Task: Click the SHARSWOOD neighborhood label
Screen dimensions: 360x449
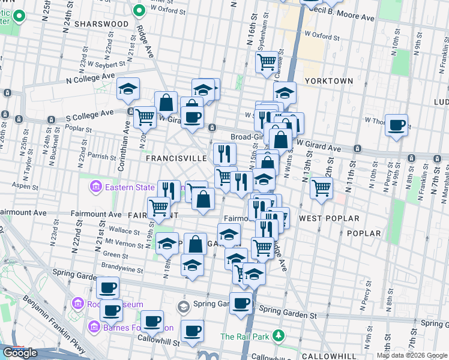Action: coord(102,23)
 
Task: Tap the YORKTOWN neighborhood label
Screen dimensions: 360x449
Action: coord(329,80)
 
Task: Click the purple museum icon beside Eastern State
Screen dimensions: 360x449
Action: coord(95,188)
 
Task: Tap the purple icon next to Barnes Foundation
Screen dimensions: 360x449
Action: coord(94,328)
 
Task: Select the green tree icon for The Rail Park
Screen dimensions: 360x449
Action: coord(278,335)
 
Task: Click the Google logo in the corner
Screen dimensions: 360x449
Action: coord(20,353)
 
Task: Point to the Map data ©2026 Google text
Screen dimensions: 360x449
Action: coord(412,355)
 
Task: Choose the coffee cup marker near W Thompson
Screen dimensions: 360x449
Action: coord(396,125)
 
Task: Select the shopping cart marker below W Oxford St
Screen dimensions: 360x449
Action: coord(267,62)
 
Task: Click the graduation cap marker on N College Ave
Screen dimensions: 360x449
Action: coord(128,89)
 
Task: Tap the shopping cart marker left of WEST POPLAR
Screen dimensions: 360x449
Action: coord(322,188)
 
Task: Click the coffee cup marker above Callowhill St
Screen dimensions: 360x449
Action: coord(192,331)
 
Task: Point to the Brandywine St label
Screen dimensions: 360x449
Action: coord(122,270)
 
